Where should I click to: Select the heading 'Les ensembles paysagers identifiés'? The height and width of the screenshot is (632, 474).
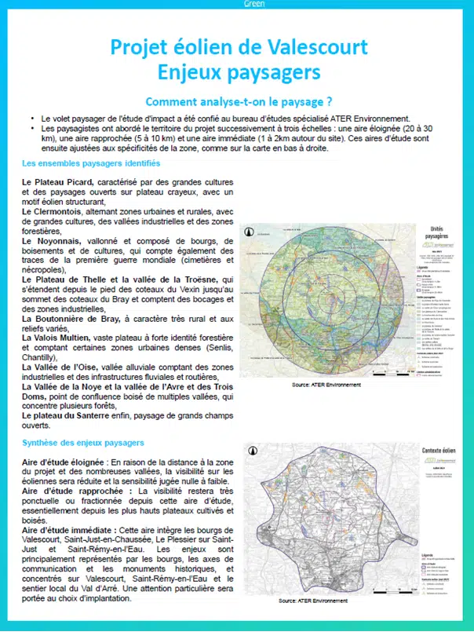tap(92, 163)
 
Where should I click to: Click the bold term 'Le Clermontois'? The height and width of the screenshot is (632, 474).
tap(54, 210)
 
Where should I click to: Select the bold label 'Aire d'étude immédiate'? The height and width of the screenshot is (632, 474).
tap(68, 530)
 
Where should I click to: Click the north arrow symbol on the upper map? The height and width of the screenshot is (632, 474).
tap(249, 232)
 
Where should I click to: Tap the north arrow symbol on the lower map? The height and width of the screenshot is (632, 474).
tap(250, 451)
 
